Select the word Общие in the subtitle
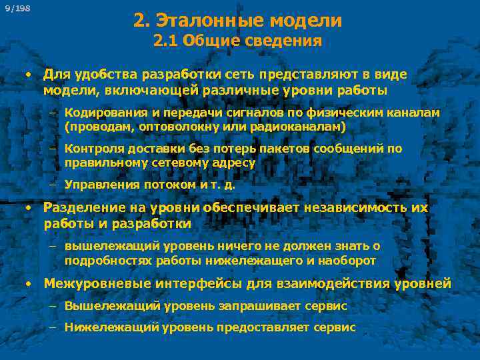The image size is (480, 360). (207, 41)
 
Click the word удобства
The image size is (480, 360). (98, 75)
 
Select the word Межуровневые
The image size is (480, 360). (96, 284)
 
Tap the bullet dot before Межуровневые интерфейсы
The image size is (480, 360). (29, 284)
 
